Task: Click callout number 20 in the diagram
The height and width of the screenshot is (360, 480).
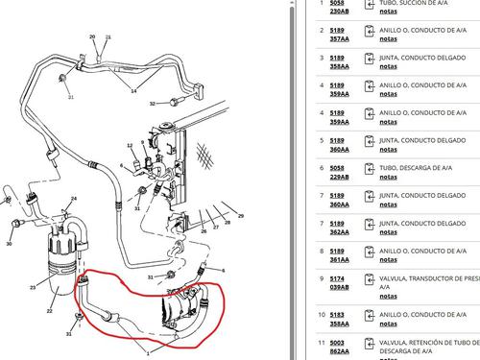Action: (x=92, y=37)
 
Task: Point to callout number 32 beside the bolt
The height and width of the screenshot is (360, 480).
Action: (x=152, y=102)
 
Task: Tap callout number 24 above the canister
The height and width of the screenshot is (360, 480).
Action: (x=73, y=200)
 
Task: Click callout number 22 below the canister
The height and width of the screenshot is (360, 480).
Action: (x=50, y=311)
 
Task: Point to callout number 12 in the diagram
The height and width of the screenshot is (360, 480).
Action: (x=130, y=146)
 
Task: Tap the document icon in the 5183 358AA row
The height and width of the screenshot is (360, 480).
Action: (x=371, y=319)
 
